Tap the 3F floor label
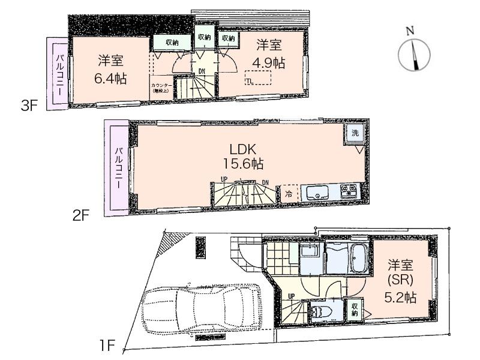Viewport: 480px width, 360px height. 30,106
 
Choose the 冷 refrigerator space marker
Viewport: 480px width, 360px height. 289,193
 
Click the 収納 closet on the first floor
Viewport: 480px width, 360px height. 355,308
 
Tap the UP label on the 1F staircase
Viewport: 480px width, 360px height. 291,296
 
